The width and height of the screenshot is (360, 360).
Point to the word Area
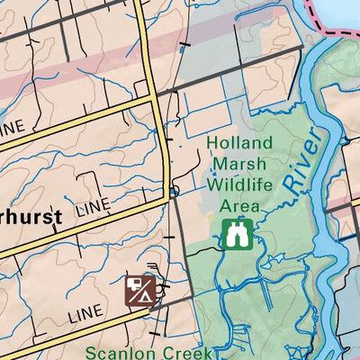(x=240, y=207)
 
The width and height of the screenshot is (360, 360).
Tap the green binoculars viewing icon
(x=236, y=234)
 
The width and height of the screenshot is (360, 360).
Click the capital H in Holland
(x=212, y=143)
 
